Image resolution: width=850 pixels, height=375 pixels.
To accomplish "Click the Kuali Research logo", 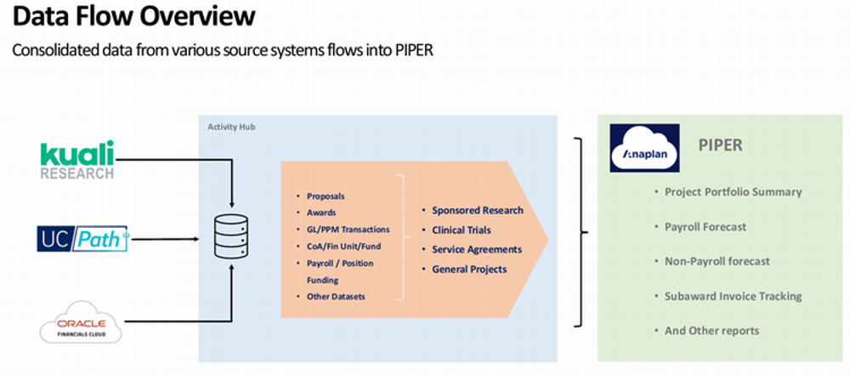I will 76,160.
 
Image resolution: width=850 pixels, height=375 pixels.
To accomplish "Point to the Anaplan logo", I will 644,148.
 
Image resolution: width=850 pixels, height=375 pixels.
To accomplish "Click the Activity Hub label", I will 231,128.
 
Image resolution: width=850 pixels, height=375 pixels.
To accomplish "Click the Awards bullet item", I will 321,213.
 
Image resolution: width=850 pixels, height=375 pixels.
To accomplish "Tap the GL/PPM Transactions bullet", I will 348,230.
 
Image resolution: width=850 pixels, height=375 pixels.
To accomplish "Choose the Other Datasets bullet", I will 336,296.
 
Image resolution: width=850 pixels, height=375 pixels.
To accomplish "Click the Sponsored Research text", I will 477,210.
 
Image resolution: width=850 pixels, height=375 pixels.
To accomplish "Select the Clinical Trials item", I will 461,230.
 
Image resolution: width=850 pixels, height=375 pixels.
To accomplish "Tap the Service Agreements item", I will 476,249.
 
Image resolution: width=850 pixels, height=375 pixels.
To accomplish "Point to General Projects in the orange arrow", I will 468,269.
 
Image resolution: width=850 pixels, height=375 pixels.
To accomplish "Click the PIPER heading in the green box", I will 720,145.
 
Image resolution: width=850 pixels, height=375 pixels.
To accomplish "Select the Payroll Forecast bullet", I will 705,226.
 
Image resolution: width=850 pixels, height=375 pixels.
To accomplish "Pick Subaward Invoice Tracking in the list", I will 733,296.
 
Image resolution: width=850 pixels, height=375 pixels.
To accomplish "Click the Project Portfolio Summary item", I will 733,191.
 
